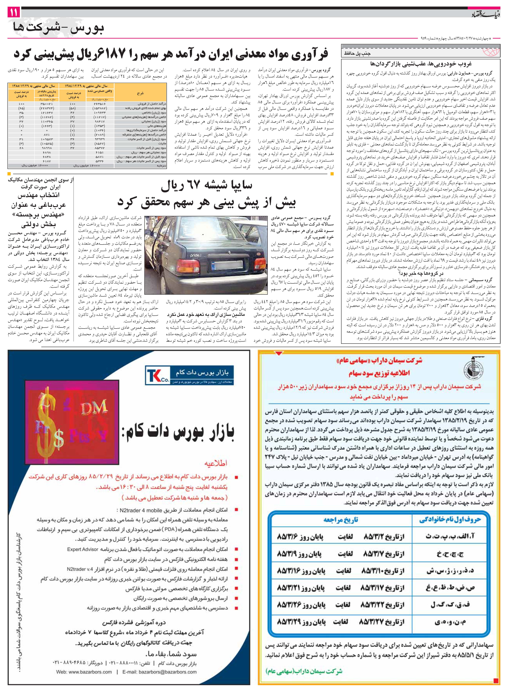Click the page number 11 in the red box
click(x=14, y=13)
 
